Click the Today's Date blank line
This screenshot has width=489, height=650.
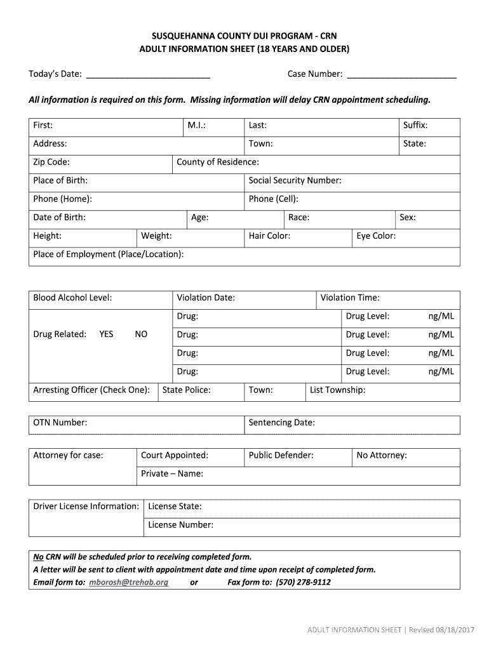pyautogui.click(x=148, y=75)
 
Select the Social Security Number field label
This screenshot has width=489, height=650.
pyautogui.click(x=295, y=181)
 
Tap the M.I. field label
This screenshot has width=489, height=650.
pyautogui.click(x=196, y=126)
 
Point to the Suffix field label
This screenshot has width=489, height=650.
pyautogui.click(x=415, y=126)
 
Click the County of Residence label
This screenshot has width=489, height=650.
pyautogui.click(x=217, y=162)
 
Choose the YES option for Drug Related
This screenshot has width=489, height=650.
pyautogui.click(x=106, y=335)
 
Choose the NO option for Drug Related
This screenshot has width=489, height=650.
pyautogui.click(x=141, y=335)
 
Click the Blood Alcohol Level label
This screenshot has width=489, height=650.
pyautogui.click(x=72, y=298)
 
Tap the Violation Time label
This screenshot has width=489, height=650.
pyautogui.click(x=349, y=298)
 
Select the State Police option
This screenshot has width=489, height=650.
pyautogui.click(x=186, y=390)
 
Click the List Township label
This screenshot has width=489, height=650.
pyautogui.click(x=337, y=390)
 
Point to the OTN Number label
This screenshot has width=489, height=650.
pyautogui.click(x=60, y=423)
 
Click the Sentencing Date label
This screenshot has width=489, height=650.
pyautogui.click(x=281, y=423)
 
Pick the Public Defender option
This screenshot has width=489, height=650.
pyautogui.click(x=281, y=456)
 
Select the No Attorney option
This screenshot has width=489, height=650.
pyautogui.click(x=382, y=456)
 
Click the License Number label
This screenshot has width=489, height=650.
pyautogui.click(x=180, y=525)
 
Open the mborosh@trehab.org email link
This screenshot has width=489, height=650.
pyautogui.click(x=128, y=583)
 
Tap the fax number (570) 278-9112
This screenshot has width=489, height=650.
pyautogui.click(x=303, y=583)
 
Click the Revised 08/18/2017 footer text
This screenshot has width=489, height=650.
pyautogui.click(x=441, y=630)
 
